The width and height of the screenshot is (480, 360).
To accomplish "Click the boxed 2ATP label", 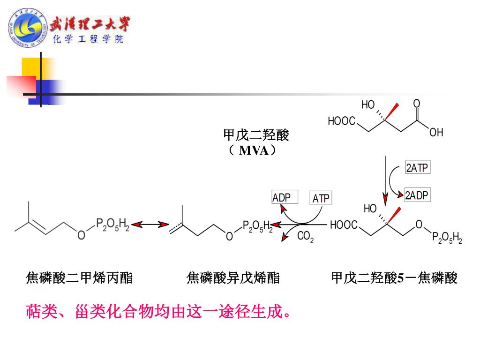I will (x=417, y=167).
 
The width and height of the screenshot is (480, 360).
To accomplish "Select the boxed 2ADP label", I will (x=417, y=195).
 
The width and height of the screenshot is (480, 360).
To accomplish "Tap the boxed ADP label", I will (x=282, y=197).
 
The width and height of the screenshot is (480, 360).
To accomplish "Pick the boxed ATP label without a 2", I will (x=321, y=198).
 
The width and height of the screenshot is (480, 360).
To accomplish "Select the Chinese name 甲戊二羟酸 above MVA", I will (x=256, y=135).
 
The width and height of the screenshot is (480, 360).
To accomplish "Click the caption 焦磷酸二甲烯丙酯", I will (x=79, y=278).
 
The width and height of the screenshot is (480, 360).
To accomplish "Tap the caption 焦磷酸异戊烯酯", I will (x=233, y=278).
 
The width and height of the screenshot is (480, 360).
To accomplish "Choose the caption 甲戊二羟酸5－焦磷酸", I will (x=394, y=278).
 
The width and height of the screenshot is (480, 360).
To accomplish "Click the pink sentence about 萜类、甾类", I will (x=158, y=311).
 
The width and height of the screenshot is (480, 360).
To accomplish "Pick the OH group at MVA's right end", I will (x=436, y=133).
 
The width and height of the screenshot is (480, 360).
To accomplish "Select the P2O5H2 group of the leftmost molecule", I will (x=112, y=225).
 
